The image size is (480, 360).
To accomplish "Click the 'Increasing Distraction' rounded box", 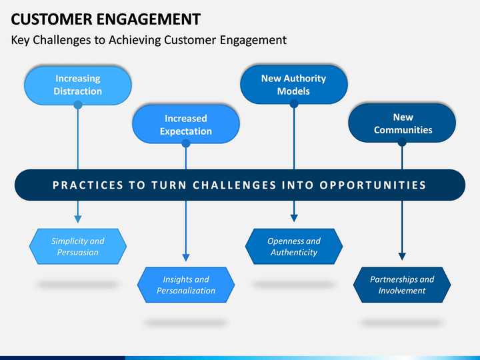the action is pos(78,85).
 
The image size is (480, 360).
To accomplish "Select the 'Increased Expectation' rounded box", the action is pos(186,124).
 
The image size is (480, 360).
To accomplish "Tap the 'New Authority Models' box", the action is pos(294,85).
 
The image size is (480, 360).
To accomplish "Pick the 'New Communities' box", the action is pos(402,123).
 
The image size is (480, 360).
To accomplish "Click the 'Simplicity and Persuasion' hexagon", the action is pos(78,247).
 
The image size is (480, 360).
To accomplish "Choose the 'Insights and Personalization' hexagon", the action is pos(186,285).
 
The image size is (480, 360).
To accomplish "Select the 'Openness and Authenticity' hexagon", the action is pos(294,247).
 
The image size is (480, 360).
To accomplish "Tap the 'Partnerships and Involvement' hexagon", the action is pos(402,285).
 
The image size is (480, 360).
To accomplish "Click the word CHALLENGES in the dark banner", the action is pos(235,185).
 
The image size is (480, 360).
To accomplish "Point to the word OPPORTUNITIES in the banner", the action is pos(373,185).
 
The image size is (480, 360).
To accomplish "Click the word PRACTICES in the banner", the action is pos(88,185).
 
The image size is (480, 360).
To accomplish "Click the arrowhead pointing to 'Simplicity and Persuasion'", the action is pos(78,219).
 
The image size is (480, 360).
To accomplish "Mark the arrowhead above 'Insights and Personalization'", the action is pos(186,257).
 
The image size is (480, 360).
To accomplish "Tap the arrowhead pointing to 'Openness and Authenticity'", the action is pos(294,218).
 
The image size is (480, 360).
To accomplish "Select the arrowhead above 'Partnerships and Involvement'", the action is pos(402,257).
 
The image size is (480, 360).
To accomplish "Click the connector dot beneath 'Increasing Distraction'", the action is pos(78,105).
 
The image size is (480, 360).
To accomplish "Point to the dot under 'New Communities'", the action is pos(402,143).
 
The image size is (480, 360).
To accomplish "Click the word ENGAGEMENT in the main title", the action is pos(149,19).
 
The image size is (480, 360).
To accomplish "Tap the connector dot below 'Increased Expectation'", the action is pos(186,143).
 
